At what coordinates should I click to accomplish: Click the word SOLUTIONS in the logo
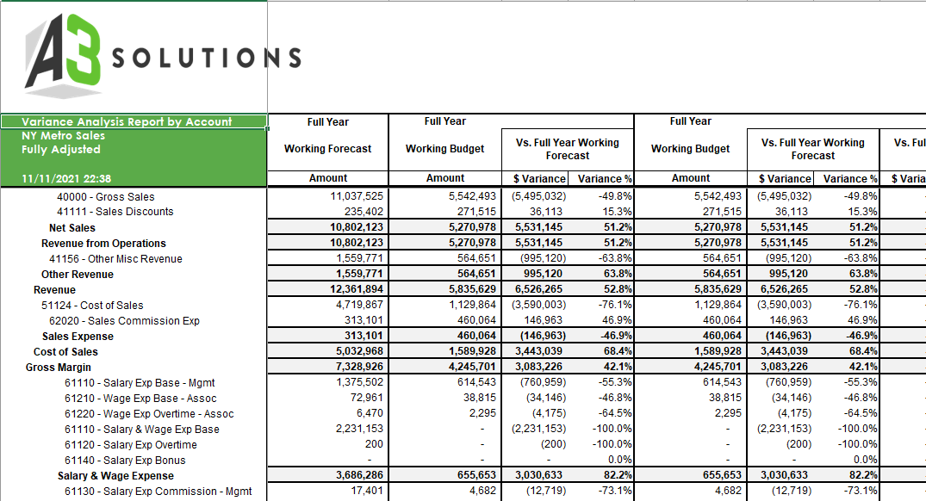207,59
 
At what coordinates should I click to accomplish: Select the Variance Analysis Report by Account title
127,122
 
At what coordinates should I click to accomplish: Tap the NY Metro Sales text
63,136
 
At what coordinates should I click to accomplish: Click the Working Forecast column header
327,149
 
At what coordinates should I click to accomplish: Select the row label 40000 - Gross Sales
106,197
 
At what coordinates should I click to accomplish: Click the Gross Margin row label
53,368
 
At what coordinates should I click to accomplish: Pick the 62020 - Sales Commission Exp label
130,321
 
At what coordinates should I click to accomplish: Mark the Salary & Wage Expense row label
115,476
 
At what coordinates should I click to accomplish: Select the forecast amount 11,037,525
357,197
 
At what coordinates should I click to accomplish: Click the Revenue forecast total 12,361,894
357,290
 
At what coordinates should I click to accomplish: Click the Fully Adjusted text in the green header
60,150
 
